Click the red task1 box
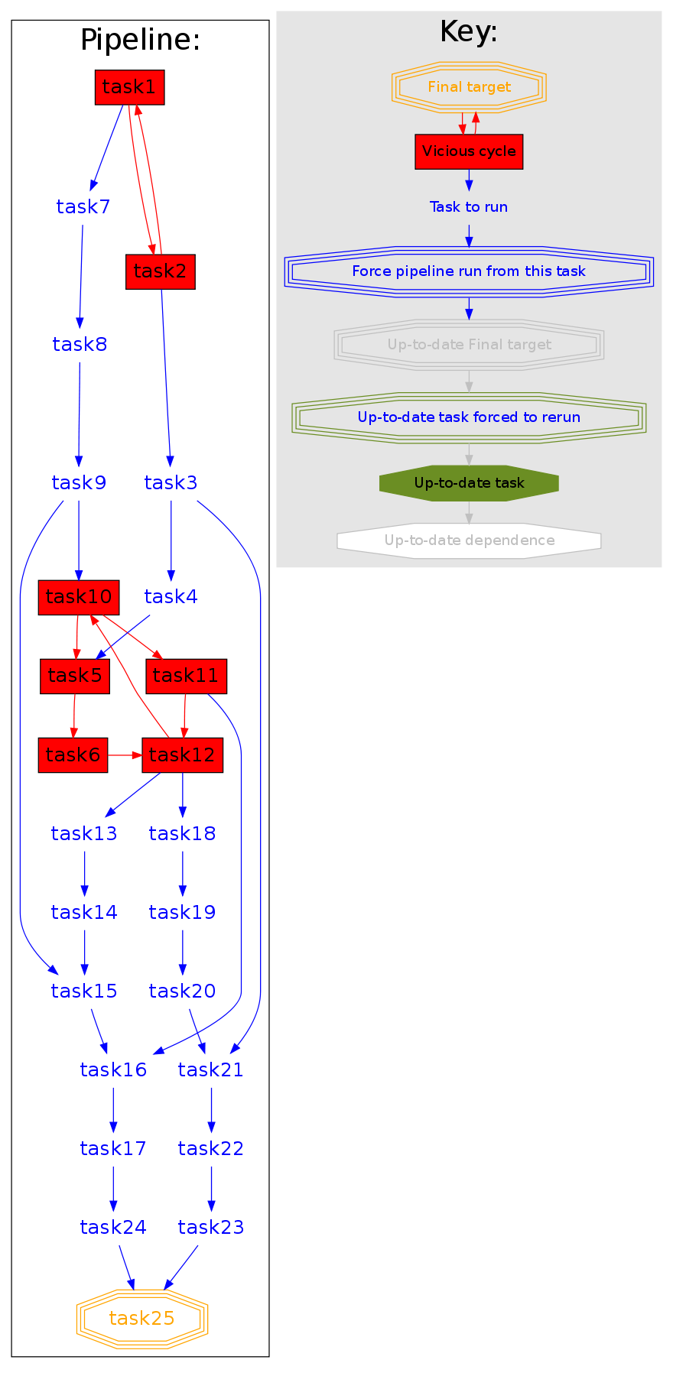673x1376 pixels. coord(129,87)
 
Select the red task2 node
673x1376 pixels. coord(161,271)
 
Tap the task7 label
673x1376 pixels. coord(83,206)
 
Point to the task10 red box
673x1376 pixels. coord(79,597)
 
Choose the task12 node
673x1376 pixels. coord(182,755)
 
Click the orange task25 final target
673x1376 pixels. coord(142,1319)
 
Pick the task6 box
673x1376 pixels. coord(73,755)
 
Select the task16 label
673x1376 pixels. coord(113,1069)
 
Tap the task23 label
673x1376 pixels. coord(211,1227)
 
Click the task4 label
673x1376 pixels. coord(171,597)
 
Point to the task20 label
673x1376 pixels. coord(182,991)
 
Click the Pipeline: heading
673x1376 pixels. coord(140,40)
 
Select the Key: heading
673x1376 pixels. coord(469,32)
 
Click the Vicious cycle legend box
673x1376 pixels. coord(469,151)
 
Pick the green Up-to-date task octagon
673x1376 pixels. coord(469,483)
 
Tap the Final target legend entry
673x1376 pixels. coord(469,87)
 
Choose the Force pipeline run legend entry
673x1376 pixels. coord(469,271)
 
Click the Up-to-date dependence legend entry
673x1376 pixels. coord(469,540)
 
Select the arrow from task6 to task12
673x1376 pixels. coord(125,755)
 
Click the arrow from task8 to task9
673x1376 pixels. coord(79,413)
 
